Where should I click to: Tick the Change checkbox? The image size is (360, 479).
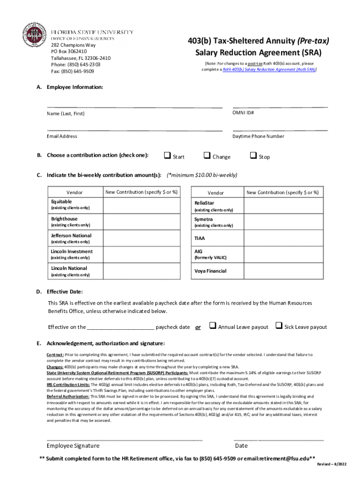click(206, 156)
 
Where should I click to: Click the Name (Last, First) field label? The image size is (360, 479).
click(65, 114)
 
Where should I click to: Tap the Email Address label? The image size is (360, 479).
click(62, 136)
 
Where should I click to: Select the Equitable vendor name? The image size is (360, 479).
click(61, 202)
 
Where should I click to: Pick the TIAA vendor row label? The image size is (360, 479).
click(200, 238)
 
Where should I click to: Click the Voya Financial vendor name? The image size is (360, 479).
click(210, 271)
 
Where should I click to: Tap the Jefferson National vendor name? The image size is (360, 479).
click(71, 235)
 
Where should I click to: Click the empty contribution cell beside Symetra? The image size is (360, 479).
click(282, 222)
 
